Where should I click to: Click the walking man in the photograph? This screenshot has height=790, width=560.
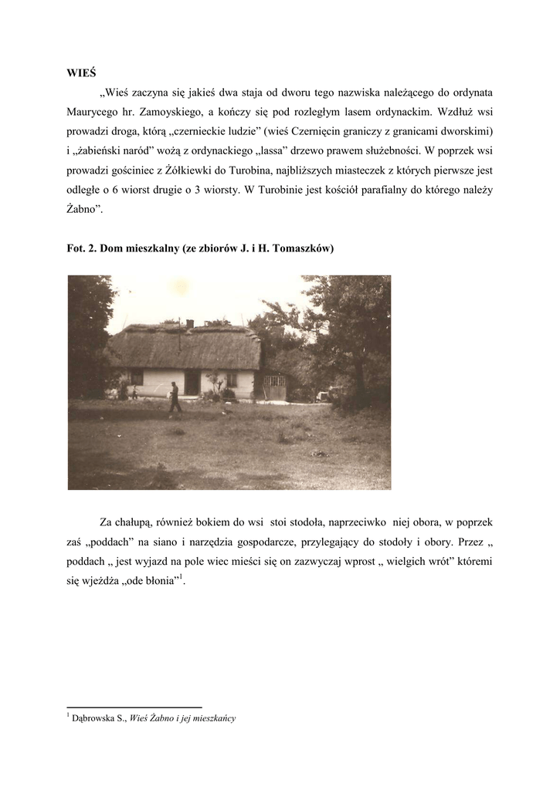click(x=175, y=398)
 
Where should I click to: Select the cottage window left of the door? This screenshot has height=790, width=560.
click(x=137, y=378)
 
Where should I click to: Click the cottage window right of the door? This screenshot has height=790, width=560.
click(x=231, y=380)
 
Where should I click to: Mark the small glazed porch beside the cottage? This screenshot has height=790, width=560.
click(x=273, y=387)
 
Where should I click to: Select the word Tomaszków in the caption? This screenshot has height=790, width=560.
click(x=307, y=249)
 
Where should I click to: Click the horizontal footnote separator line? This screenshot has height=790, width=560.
click(x=134, y=707)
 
